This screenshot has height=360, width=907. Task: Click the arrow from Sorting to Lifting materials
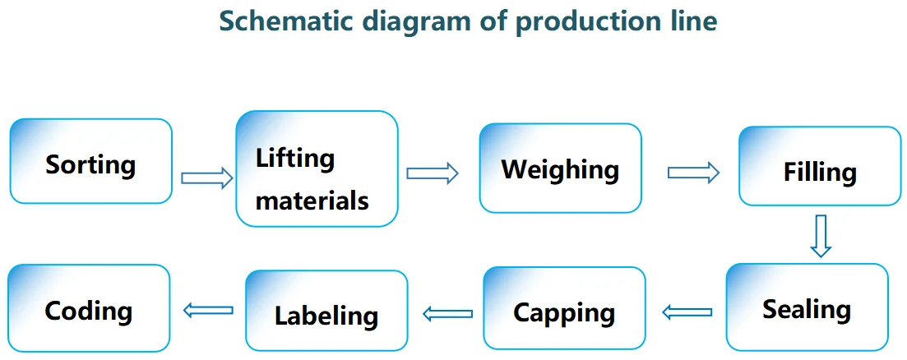pyautogui.click(x=206, y=178)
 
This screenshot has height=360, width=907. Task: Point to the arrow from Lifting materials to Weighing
pyautogui.click(x=432, y=173)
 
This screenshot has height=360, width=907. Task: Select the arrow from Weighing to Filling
pyautogui.click(x=693, y=173)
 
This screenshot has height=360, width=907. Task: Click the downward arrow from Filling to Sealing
pyautogui.click(x=820, y=236)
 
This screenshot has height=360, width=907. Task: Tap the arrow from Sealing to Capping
pyautogui.click(x=687, y=312)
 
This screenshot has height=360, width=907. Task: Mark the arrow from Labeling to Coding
pyautogui.click(x=208, y=310)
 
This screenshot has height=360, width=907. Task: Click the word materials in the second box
pyautogui.click(x=312, y=199)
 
